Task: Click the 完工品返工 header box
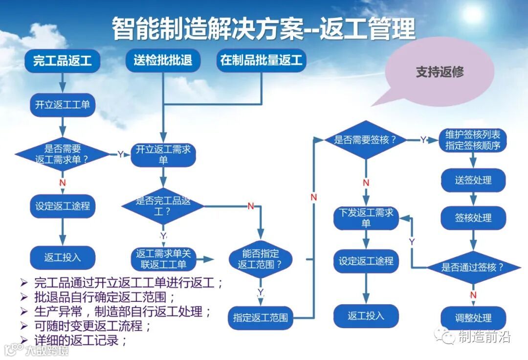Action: pyautogui.click(x=62, y=61)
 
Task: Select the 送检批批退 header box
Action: pyautogui.click(x=163, y=60)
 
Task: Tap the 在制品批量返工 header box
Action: pyautogui.click(x=261, y=60)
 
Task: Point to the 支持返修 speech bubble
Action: pyautogui.click(x=439, y=72)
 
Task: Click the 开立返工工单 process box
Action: pyautogui.click(x=62, y=105)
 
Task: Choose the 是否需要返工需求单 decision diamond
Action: pyautogui.click(x=62, y=155)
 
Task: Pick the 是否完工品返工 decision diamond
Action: pyautogui.click(x=163, y=206)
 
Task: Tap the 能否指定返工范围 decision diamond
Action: pyautogui.click(x=261, y=259)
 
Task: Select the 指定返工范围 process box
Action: pyautogui.click(x=261, y=317)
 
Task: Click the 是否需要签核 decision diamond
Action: pyautogui.click(x=365, y=140)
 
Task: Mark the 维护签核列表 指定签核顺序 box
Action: pyautogui.click(x=472, y=140)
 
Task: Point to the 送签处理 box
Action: pyautogui.click(x=473, y=180)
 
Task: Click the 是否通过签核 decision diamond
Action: pyautogui.click(x=473, y=267)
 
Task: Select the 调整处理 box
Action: pyautogui.click(x=473, y=318)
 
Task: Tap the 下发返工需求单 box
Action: pyautogui.click(x=366, y=218)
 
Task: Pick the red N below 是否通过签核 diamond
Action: pyautogui.click(x=473, y=295)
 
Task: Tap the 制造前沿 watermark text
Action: pyautogui.click(x=484, y=337)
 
